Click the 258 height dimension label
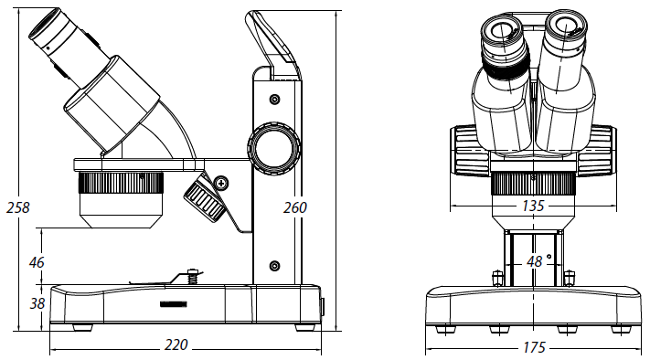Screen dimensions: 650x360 click(18, 207)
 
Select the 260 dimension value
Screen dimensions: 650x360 click(295, 207)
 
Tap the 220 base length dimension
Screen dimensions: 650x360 click(176, 344)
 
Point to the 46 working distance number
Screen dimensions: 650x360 click(37, 262)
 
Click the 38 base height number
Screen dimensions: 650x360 click(37, 303)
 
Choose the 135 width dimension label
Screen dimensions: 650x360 click(533, 206)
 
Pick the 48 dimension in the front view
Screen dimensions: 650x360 click(534, 261)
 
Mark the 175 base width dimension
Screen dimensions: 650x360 click(534, 347)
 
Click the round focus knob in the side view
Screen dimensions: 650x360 click(274, 148)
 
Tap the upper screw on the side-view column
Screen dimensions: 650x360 click(274, 100)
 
